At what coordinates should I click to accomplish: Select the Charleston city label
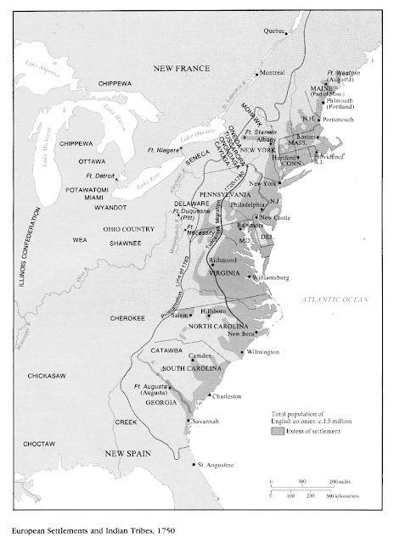click(x=226, y=396)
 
